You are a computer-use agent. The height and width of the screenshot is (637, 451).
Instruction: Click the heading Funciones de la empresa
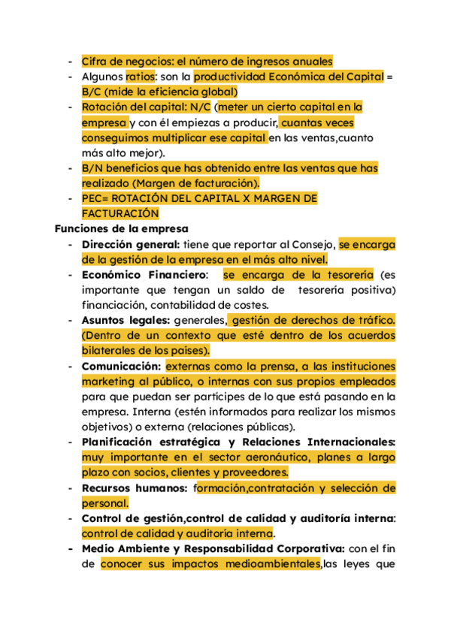tap(121, 228)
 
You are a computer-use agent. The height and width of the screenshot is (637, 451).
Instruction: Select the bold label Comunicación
tap(121, 366)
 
